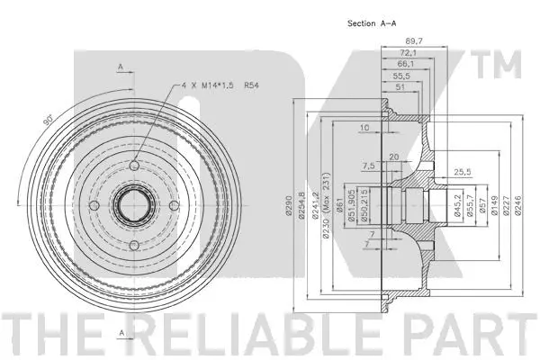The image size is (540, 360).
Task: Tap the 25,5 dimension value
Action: coord(463,171)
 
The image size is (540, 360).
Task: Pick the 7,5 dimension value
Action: coord(368,166)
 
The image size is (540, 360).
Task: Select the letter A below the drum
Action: coord(120,334)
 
